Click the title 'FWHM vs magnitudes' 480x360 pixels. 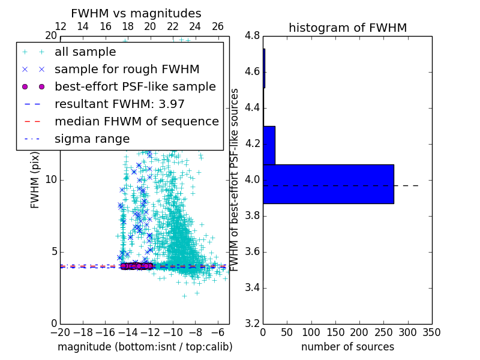136,13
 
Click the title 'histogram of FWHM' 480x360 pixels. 347,28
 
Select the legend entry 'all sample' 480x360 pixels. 85,52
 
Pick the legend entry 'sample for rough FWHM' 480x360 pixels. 127,69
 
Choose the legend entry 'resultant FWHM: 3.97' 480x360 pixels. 119,104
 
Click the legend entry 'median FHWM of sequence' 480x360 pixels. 136,121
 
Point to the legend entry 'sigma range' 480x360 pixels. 92,139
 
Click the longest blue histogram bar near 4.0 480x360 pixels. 328,184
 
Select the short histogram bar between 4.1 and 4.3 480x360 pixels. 269,145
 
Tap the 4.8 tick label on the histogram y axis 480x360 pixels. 252,36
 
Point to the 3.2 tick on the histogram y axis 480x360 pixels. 252,323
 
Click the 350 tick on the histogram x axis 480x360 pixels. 432,332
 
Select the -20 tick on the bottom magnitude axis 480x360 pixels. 60,332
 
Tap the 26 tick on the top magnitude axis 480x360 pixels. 218,26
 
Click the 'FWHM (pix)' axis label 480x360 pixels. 35,180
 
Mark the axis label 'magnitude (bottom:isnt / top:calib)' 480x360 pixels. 145,347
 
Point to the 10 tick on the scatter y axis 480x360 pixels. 50,180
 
